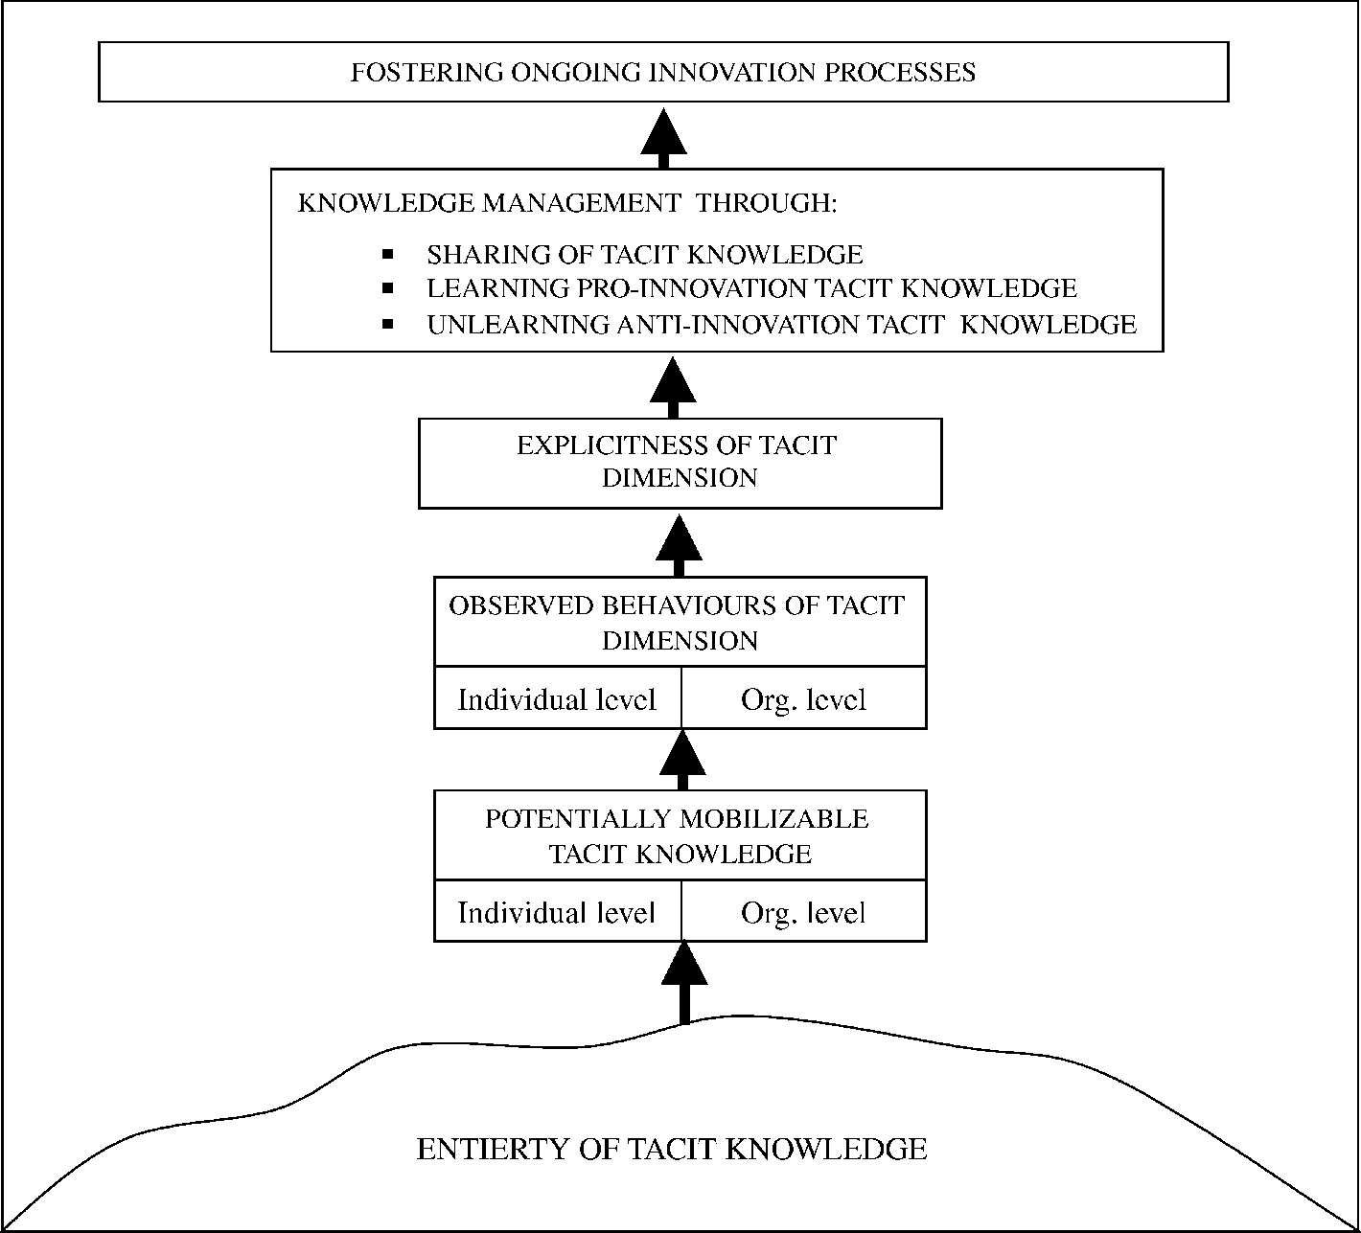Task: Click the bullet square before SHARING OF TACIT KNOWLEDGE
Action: pos(388,255)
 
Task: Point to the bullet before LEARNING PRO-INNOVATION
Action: pos(388,288)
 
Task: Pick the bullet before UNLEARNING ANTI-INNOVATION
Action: pos(388,325)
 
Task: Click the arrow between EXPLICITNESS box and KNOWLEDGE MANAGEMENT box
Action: pos(673,387)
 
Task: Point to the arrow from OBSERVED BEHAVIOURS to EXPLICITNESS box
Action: pos(679,544)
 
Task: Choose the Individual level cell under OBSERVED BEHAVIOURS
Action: pos(557,699)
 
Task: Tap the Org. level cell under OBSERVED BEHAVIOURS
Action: pos(803,699)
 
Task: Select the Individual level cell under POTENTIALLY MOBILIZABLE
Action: pos(557,912)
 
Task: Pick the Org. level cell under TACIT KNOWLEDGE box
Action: pos(803,912)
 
